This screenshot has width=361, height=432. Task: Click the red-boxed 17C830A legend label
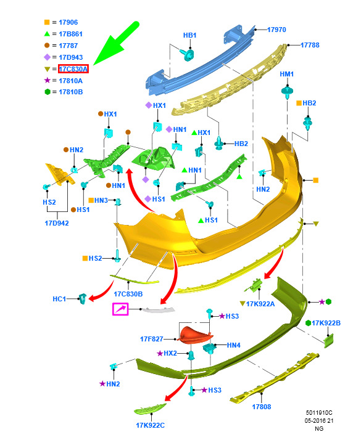[73, 69]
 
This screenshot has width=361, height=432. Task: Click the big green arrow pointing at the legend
[116, 44]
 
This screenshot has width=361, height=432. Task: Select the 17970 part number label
[276, 30]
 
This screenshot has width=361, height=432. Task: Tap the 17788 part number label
[310, 45]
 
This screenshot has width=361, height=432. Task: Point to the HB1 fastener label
[189, 35]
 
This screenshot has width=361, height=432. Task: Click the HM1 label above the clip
[287, 74]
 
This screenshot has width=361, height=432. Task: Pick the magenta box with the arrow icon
[120, 309]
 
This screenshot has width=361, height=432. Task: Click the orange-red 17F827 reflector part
[195, 335]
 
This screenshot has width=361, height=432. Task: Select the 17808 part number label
[262, 406]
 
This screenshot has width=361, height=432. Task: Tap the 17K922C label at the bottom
[151, 425]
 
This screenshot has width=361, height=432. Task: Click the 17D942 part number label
[57, 223]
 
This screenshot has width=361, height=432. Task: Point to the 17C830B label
[128, 294]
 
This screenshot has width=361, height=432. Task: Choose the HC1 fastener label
[59, 299]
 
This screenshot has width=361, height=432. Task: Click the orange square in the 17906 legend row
[47, 22]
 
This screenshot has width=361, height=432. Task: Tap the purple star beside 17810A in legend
[47, 80]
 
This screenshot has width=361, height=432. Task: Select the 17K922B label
[326, 323]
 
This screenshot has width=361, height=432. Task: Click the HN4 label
[234, 345]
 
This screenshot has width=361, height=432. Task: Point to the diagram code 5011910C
[319, 413]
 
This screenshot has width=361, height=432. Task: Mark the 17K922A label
[260, 304]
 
